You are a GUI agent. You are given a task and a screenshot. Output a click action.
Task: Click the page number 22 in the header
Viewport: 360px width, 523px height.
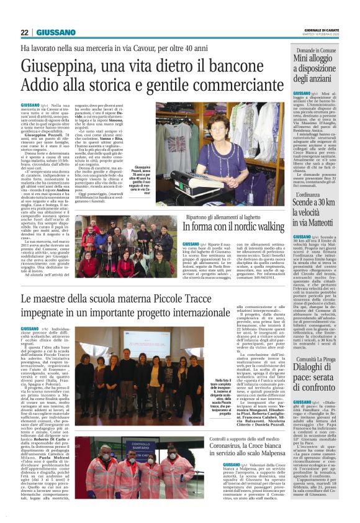coord(24,32)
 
